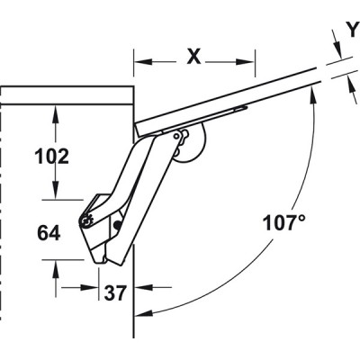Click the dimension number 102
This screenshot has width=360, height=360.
click(52, 157)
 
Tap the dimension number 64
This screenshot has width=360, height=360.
click(49, 233)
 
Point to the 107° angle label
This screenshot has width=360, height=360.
click(284, 223)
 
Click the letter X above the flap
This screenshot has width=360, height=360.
click(193, 57)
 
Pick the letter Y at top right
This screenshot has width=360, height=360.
click(354, 30)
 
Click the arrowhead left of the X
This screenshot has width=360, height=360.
click(142, 62)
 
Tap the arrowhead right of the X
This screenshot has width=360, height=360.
click(246, 62)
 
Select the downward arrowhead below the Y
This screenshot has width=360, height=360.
click(337, 49)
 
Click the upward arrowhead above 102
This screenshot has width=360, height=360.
click(55, 114)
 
